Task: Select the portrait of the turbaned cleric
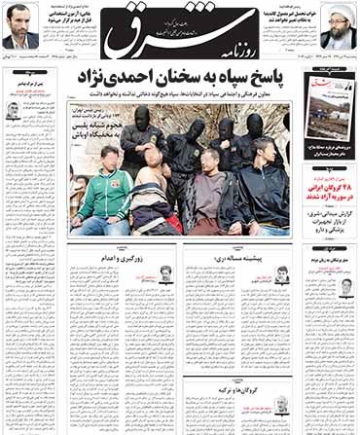338,26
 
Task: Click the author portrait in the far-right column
345,286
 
